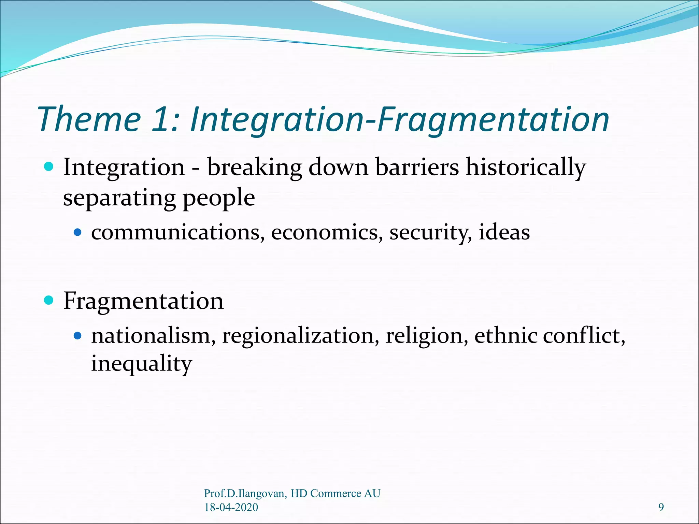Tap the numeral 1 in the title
tap(160, 119)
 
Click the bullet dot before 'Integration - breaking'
tap(49, 167)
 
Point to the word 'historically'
tap(526, 168)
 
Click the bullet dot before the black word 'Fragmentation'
tap(49, 301)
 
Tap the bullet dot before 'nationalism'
tap(78, 336)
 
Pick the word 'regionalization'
tap(301, 336)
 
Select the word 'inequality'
tap(142, 364)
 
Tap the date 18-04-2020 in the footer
tap(231, 507)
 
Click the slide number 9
tap(661, 508)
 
